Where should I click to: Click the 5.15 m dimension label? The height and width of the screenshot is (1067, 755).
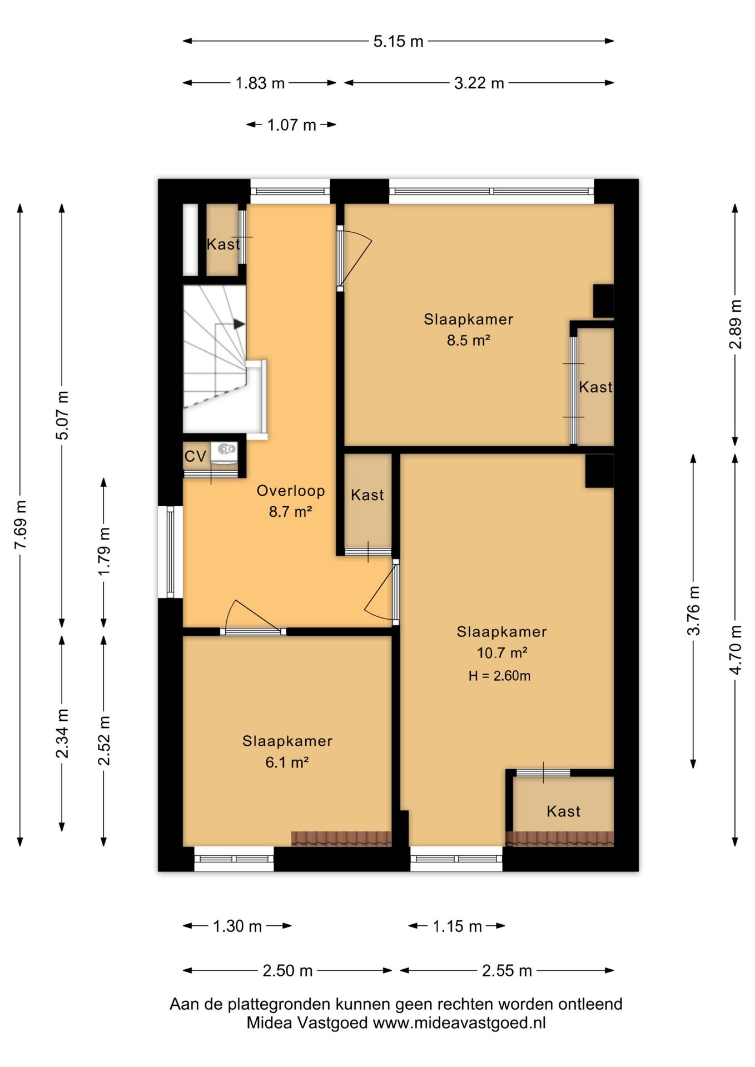click(398, 41)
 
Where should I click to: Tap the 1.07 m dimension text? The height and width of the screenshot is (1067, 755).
click(291, 124)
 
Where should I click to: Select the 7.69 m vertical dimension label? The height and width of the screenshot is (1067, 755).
click(21, 525)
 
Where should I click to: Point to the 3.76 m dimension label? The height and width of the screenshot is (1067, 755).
click(693, 610)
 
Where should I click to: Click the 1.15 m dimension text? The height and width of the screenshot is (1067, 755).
click(457, 926)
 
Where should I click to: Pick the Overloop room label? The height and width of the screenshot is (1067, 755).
click(291, 491)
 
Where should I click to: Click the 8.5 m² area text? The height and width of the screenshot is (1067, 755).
click(468, 340)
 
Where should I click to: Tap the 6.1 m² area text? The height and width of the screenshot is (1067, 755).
click(287, 762)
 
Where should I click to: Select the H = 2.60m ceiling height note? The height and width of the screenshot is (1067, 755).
click(499, 676)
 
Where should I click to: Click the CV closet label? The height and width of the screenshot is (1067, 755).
click(195, 456)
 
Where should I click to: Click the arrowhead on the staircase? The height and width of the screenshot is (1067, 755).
click(239, 323)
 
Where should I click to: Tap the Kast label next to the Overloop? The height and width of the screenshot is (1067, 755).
click(367, 495)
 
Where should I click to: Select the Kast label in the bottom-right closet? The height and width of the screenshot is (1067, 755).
click(563, 811)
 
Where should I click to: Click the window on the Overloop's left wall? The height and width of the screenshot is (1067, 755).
click(171, 552)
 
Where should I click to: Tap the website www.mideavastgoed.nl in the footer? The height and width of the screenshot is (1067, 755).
click(459, 1023)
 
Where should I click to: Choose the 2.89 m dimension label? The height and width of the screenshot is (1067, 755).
click(735, 325)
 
